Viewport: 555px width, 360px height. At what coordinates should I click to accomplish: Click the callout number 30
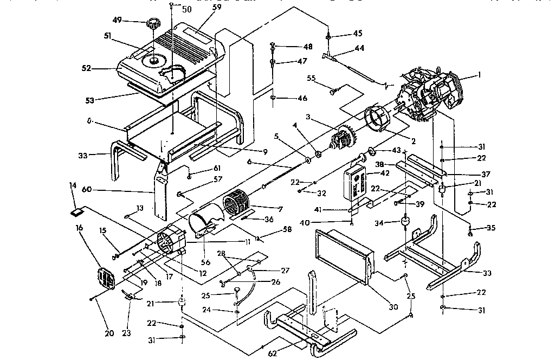393,306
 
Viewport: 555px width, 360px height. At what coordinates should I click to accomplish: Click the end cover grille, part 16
106,279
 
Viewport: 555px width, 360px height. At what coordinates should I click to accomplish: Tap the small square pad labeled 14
76,212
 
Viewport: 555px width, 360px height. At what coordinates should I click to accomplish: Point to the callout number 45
358,34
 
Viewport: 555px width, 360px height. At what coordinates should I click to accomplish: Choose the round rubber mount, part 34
404,222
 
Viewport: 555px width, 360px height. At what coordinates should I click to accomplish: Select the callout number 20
109,333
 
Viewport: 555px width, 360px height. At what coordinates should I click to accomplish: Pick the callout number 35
491,228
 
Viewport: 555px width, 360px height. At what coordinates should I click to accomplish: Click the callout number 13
140,208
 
